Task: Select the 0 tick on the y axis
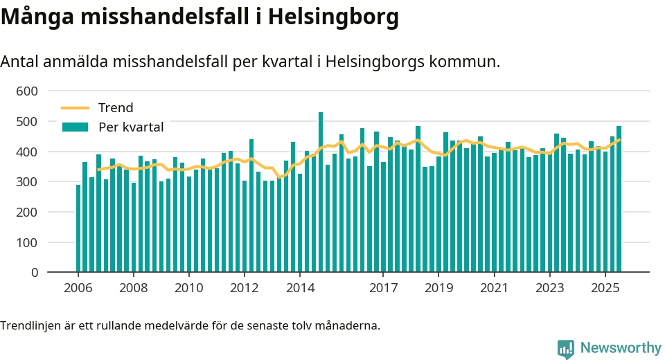(x=34, y=273)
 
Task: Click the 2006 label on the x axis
(x=78, y=287)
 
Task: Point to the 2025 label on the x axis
(x=605, y=287)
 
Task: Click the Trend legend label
(x=116, y=108)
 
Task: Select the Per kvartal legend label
(x=131, y=127)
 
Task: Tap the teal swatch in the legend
(x=76, y=127)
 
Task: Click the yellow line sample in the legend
(x=76, y=108)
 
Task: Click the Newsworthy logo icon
(x=565, y=348)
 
